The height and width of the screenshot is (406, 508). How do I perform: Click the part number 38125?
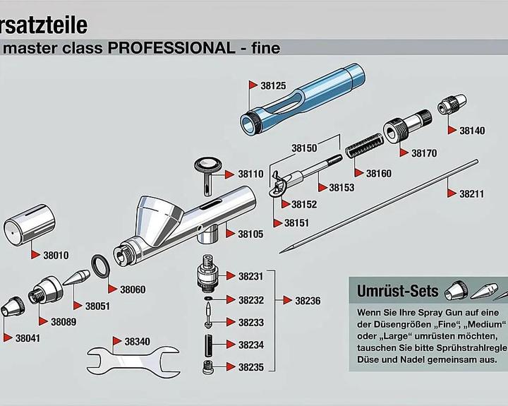[x=273, y=85]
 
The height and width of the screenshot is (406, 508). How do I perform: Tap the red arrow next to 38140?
[x=452, y=131]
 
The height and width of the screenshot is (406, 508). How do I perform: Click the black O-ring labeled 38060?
[x=99, y=267]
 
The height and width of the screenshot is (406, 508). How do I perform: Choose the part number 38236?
[x=308, y=301]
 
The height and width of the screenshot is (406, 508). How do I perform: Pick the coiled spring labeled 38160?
[x=364, y=145]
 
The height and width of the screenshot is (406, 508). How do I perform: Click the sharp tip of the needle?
[x=280, y=252]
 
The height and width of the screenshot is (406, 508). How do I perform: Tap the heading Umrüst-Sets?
[x=397, y=291]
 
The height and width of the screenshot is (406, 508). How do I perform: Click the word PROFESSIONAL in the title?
[x=171, y=48]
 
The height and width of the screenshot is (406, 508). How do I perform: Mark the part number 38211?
[x=472, y=194]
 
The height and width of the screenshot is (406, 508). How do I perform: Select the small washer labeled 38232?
[x=207, y=298]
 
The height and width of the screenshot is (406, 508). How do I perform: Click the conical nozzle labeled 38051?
[x=76, y=277]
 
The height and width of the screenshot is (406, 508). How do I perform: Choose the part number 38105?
[x=250, y=234]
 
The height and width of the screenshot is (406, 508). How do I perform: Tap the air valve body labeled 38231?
[x=207, y=273]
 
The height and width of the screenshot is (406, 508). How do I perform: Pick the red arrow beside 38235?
[x=230, y=366]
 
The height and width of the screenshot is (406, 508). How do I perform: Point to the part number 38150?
[x=304, y=148]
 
